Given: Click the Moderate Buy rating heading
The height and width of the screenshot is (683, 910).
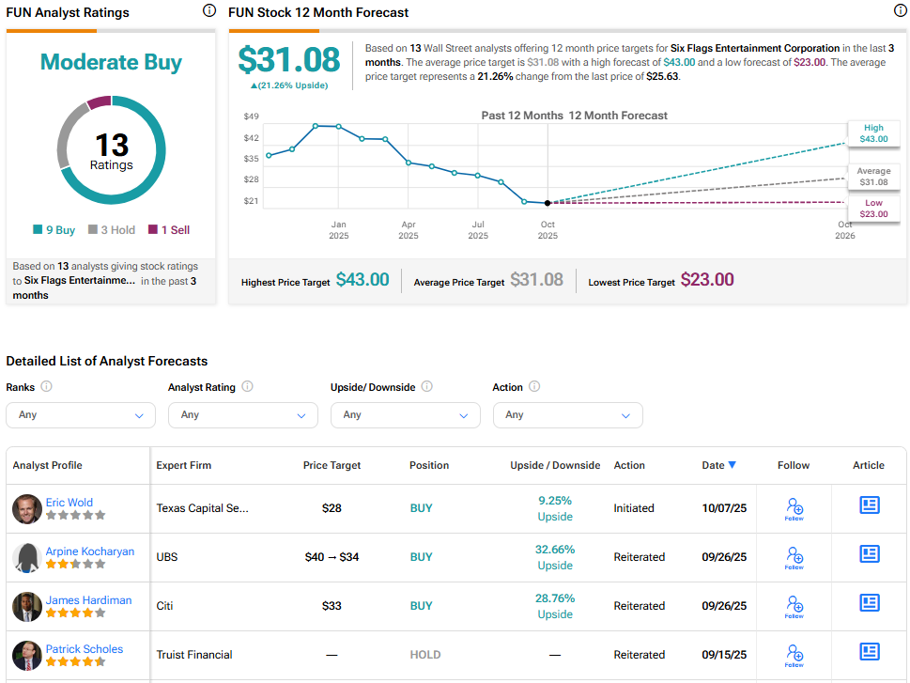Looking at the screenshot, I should point(111,63).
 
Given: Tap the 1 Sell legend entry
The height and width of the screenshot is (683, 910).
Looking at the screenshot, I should point(168,229).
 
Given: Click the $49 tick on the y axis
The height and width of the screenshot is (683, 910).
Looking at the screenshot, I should point(251,116).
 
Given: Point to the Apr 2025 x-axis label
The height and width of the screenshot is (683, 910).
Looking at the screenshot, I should point(409,230).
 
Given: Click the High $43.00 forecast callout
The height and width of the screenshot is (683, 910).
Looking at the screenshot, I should point(873,133).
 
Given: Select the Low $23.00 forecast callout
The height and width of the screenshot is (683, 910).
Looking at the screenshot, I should point(873,209).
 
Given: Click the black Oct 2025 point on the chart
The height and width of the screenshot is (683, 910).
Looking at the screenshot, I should point(548,203).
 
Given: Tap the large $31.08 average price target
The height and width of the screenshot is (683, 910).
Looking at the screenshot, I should point(288,59).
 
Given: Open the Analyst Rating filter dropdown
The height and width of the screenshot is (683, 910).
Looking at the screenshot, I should point(242,414).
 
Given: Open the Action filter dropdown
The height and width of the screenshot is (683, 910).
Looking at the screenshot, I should point(567,414).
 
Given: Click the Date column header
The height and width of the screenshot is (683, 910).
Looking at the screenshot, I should point(718,465).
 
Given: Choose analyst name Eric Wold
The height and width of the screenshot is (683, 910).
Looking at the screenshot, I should point(69,503).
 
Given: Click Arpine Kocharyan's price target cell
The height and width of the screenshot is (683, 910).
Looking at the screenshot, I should point(332,557).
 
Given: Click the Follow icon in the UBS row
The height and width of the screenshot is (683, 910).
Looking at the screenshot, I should point(794,557).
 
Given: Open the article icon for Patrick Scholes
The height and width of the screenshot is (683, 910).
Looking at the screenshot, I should point(869,651).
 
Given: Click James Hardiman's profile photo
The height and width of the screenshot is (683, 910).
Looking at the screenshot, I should point(26,606).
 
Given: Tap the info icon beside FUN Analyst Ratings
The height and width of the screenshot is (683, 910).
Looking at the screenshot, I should point(208,11).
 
